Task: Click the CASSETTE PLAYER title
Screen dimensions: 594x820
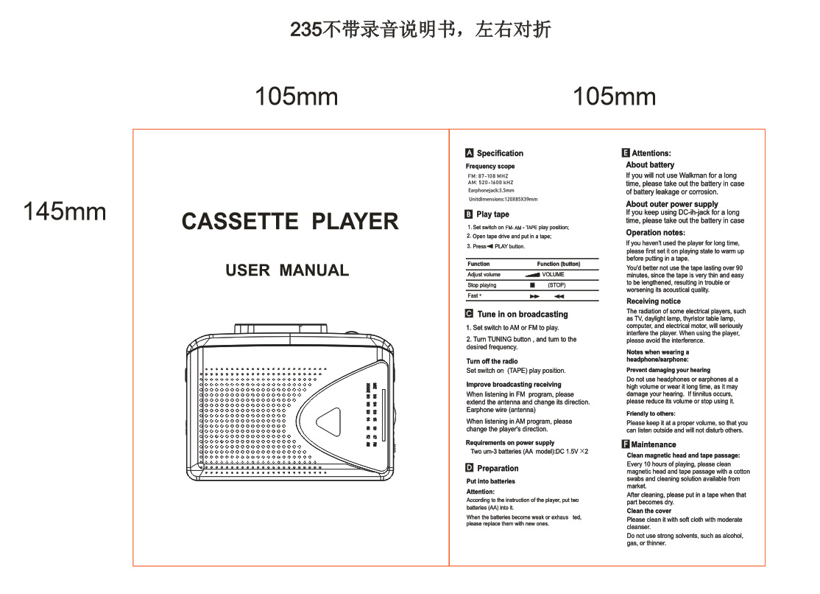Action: pos(290,222)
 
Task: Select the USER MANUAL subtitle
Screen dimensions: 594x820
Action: pos(287,270)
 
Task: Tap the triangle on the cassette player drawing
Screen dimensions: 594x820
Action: pos(328,423)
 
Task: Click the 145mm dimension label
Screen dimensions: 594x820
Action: pos(65,212)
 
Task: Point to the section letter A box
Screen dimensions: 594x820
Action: pos(470,153)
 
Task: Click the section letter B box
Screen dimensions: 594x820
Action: pos(470,214)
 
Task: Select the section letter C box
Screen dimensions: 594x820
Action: pos(470,314)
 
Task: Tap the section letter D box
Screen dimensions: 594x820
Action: pos(470,468)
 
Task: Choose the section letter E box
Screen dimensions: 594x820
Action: pos(626,153)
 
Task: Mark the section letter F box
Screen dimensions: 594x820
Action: pos(626,444)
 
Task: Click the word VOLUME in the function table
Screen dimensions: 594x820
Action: pos(553,274)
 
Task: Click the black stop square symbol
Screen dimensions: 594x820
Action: pos(532,285)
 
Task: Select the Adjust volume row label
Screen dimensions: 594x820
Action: pos(484,274)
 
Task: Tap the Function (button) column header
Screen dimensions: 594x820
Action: pos(559,264)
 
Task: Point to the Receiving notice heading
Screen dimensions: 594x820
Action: pos(653,301)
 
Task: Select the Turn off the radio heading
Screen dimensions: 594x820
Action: pos(492,361)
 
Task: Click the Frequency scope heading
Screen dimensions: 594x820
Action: pos(490,167)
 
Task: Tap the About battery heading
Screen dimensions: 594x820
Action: pos(650,165)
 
